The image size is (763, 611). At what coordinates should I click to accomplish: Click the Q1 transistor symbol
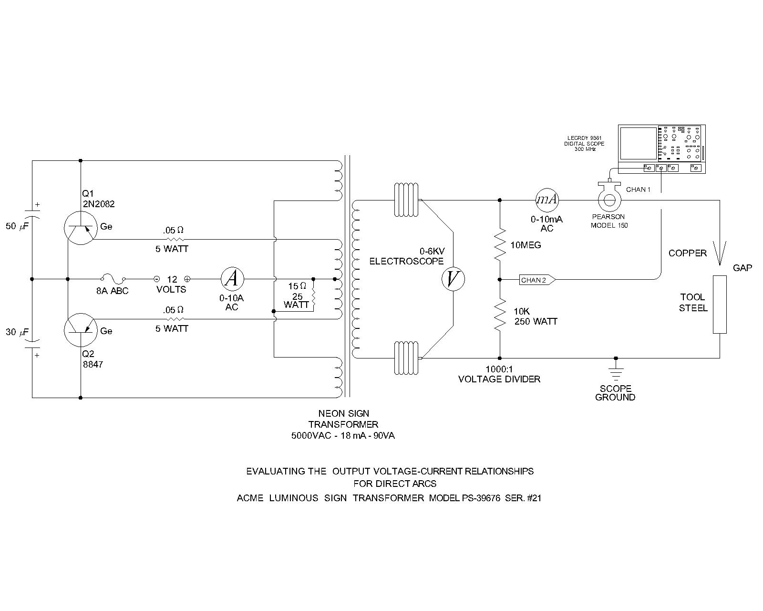point(81,228)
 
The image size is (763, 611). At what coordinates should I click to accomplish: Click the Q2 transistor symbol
point(81,330)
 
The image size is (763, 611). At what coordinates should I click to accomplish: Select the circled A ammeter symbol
point(233,279)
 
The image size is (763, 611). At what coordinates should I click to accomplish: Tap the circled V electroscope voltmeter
point(453,279)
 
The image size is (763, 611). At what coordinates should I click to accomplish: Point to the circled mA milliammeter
point(546,200)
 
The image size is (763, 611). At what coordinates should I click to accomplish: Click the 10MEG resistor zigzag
point(500,244)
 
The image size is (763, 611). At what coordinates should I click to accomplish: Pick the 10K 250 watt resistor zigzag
point(500,315)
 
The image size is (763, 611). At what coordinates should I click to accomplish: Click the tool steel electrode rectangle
point(720,305)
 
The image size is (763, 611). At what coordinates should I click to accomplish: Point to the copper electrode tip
point(720,265)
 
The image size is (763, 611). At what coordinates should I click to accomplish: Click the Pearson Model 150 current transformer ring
point(609,200)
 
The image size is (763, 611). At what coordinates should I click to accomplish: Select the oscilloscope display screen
point(638,143)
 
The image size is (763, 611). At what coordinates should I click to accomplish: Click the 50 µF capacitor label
point(17,226)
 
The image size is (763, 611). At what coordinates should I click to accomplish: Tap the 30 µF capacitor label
point(17,332)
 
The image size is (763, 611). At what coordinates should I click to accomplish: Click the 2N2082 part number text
point(99,204)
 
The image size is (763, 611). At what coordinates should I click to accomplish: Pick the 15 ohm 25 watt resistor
point(313,295)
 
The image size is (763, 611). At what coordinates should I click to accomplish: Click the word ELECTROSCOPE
point(406,261)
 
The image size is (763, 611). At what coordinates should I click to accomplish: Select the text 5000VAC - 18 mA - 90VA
point(343,436)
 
